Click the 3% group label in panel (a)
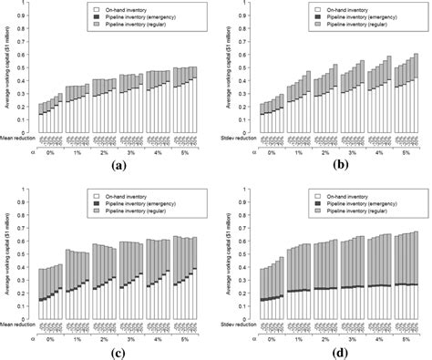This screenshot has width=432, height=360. point(131,156)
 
